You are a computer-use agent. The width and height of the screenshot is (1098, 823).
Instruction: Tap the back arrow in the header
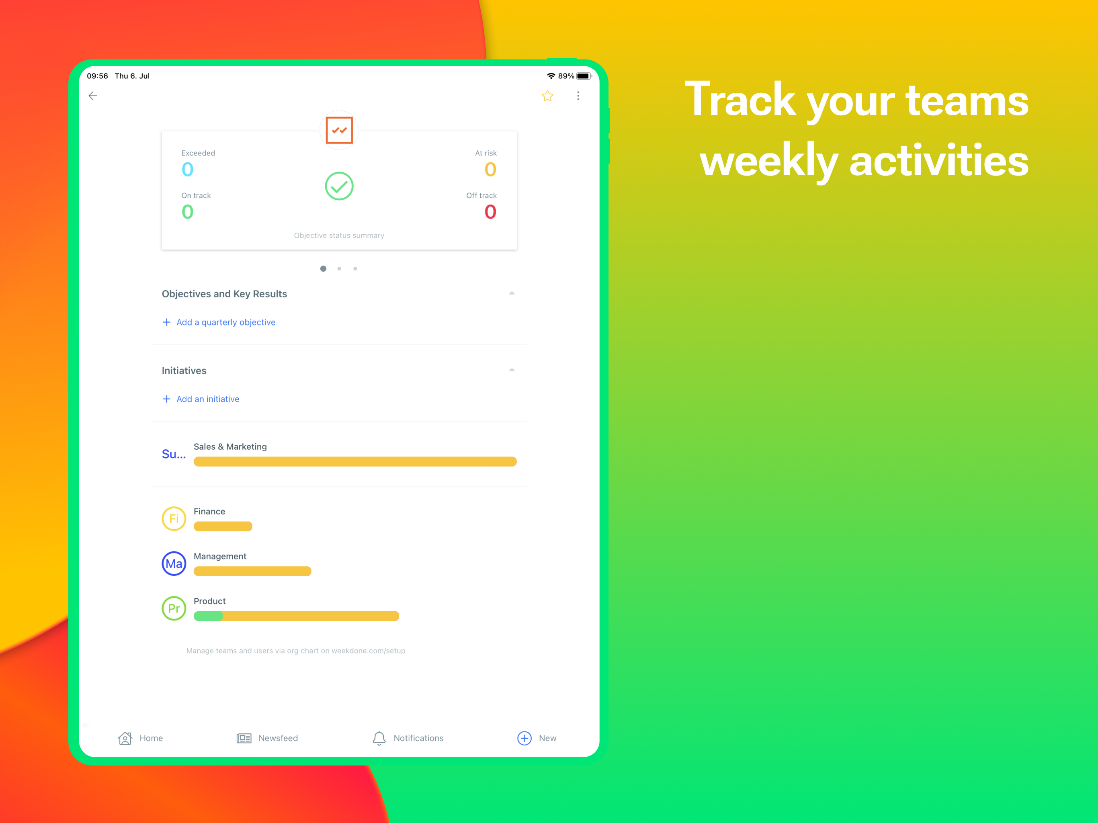point(93,96)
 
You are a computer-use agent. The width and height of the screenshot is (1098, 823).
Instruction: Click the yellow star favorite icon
point(547,96)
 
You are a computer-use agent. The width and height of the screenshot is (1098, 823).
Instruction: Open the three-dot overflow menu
point(578,96)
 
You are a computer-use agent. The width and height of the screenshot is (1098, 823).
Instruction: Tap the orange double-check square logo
point(340,130)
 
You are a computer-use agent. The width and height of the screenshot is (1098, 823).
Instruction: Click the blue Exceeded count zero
point(188,170)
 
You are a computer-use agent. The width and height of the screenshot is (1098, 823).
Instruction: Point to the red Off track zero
point(490,212)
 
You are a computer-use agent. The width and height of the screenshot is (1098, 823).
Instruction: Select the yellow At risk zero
point(490,170)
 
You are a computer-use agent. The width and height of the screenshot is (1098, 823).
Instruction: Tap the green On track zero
point(188,212)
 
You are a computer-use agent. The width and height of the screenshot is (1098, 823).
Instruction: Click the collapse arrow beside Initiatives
point(512,370)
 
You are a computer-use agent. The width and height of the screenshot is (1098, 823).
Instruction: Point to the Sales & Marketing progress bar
point(355,462)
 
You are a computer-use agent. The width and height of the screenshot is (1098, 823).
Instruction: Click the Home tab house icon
point(125,739)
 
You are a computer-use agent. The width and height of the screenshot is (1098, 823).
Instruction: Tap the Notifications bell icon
point(379,739)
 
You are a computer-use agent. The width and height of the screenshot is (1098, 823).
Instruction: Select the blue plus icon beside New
point(524,739)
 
